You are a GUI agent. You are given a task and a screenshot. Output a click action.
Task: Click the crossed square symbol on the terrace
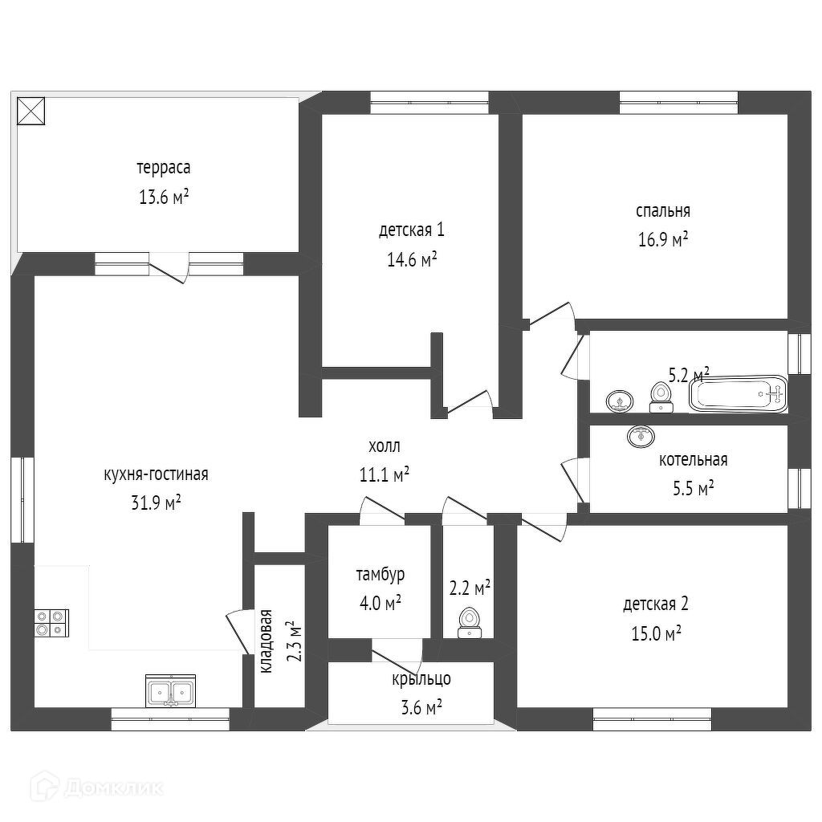coord(32,111)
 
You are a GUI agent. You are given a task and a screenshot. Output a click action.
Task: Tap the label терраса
coord(163,169)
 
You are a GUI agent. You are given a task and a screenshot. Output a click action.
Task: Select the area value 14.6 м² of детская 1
coord(411,259)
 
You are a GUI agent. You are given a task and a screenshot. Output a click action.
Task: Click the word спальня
coord(662,211)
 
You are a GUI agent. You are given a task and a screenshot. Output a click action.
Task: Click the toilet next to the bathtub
coord(661,396)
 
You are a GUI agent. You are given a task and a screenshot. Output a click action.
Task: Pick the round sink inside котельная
coord(641,436)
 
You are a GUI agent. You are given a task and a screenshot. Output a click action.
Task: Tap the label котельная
coord(693,460)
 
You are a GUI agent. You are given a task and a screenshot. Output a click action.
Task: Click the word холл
coord(384,446)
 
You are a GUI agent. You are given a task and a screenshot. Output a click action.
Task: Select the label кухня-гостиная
coord(156,474)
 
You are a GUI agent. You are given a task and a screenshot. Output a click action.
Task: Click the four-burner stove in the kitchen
coord(51,624)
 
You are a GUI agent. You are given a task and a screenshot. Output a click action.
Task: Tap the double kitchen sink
coord(170,691)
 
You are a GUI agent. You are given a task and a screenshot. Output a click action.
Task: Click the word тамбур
coord(380,575)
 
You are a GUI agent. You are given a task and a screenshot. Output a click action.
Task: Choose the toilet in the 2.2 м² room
coord(469,623)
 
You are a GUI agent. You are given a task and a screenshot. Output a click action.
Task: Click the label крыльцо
coord(421,679)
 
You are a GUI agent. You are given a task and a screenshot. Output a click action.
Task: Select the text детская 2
coord(655,604)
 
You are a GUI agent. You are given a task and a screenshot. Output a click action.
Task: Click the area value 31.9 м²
coord(155,503)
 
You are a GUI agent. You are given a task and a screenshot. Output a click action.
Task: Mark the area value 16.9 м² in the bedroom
coord(662,239)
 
